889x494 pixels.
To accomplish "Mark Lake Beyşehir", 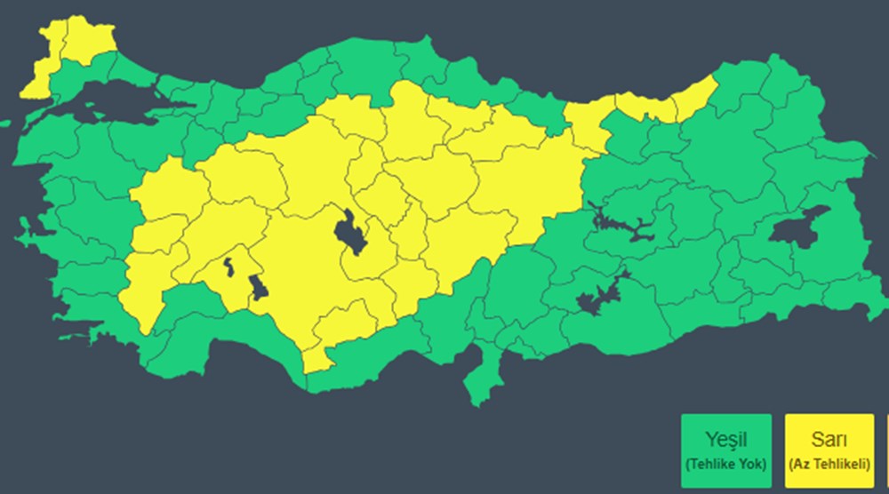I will pos(259,288).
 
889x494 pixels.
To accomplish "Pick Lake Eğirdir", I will pos(228,267).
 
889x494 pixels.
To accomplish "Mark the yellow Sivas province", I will pos(516,169).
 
